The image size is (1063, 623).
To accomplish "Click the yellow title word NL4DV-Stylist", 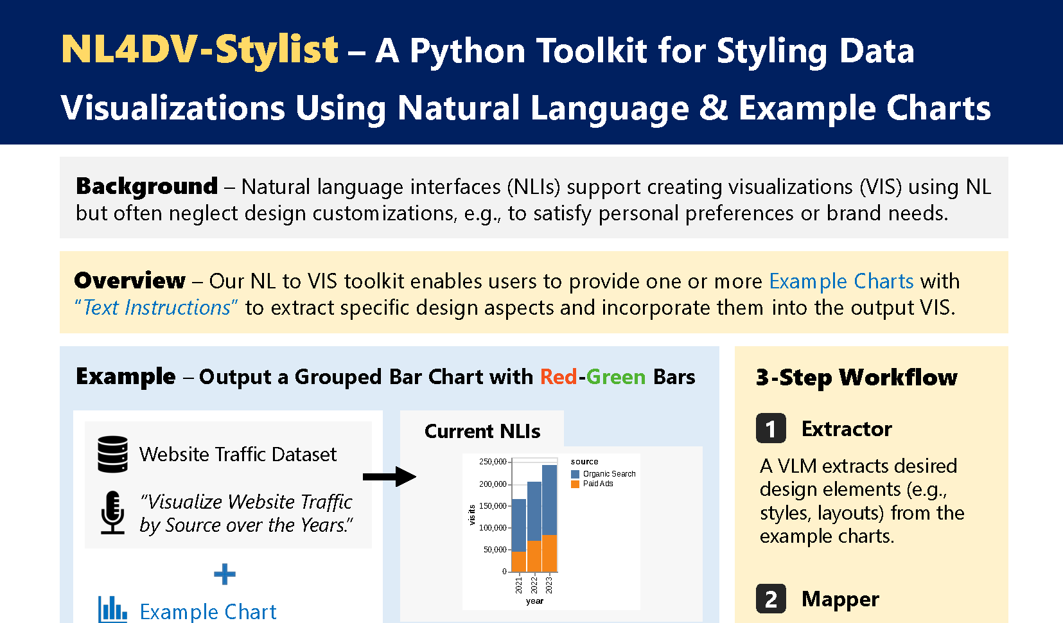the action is coord(200,50).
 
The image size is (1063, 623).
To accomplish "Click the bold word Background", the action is coord(146,186).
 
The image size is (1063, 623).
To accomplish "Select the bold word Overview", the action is coord(130,281).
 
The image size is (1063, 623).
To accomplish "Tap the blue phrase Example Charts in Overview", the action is coord(841,281).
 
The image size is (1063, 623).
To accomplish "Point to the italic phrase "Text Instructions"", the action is coord(156,308).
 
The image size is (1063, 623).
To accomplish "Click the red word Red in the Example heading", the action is coord(559,377).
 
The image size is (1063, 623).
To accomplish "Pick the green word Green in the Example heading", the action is coord(616,377).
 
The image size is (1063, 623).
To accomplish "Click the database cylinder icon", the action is coord(112,454).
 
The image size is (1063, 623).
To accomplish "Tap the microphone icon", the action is coord(112,513).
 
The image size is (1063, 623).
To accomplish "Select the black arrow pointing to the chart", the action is coord(389,477).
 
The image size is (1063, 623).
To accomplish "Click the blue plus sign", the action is coord(224,574).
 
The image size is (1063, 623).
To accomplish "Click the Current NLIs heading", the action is coord(482,432).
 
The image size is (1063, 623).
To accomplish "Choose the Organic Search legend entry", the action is coord(603,473).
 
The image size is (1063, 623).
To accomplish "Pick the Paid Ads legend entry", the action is coord(592,484).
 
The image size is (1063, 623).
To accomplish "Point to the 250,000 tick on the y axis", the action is coord(493,462).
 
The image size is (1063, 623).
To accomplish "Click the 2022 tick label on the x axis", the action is coord(534,585).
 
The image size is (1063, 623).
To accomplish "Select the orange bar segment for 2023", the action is coord(550,553).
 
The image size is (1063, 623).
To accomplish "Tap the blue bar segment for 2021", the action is coord(519,525).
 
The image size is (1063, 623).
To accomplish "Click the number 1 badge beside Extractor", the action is coord(771,428).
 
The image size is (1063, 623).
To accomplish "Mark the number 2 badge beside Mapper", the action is coord(771,599).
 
